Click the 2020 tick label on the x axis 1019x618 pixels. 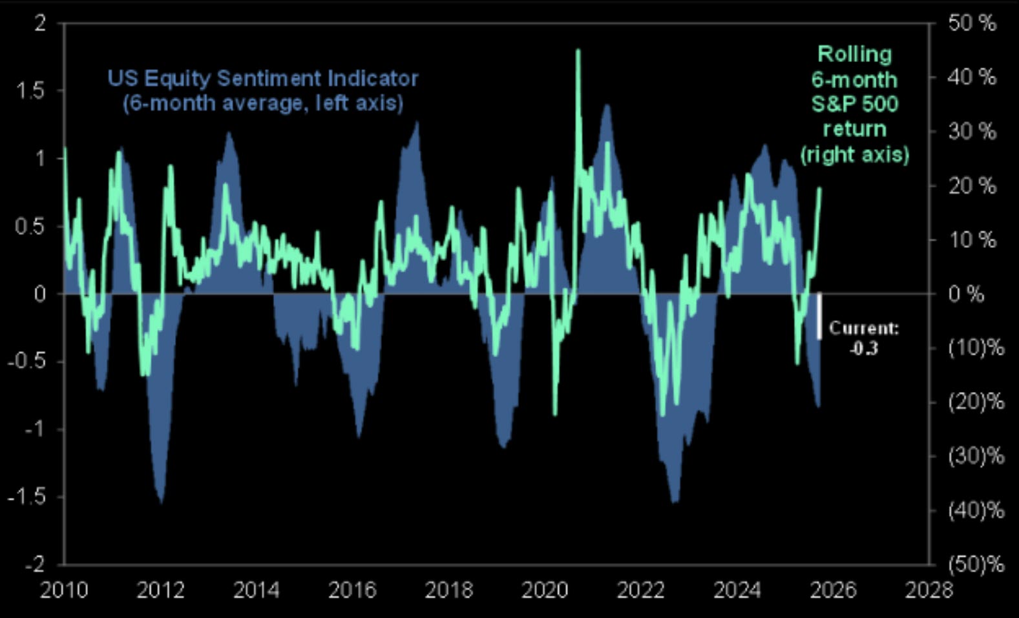(545, 590)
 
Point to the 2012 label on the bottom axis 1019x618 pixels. (160, 590)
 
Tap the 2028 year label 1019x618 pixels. (929, 590)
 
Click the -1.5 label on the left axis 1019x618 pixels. (26, 497)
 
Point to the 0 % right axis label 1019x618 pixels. (966, 294)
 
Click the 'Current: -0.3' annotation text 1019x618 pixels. (864, 338)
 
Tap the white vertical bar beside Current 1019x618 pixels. (819, 316)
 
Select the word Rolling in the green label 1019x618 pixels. (854, 54)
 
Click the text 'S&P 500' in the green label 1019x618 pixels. (854, 104)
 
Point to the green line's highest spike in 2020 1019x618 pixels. (578, 50)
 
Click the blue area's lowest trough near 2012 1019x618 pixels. (161, 502)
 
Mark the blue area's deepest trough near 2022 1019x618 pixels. (674, 501)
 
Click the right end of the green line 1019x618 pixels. (820, 189)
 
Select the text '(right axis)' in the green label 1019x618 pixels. (854, 155)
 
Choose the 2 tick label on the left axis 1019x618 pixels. (40, 24)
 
